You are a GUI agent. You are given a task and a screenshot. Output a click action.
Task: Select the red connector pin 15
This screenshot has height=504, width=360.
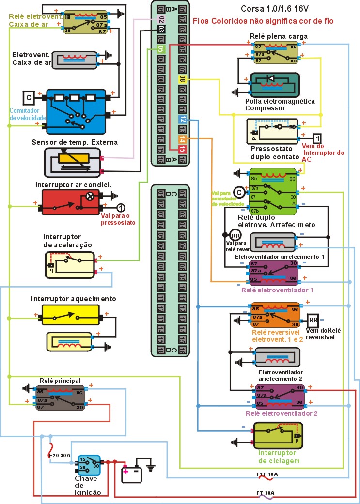[182, 150]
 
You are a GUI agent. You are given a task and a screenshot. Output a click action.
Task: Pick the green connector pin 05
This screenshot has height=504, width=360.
[161, 49]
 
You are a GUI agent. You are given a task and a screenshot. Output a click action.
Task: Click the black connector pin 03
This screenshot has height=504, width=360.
[161, 29]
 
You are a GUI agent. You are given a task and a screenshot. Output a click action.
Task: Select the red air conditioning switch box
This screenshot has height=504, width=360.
[70, 202]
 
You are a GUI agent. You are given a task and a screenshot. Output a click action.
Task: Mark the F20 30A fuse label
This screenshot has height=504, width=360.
[59, 455]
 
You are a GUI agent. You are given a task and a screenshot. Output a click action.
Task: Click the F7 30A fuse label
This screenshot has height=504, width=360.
[266, 493]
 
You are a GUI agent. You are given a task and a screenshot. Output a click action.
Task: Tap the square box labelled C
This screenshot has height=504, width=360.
[29, 97]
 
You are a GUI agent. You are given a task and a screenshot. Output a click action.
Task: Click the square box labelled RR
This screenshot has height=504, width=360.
[313, 320]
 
